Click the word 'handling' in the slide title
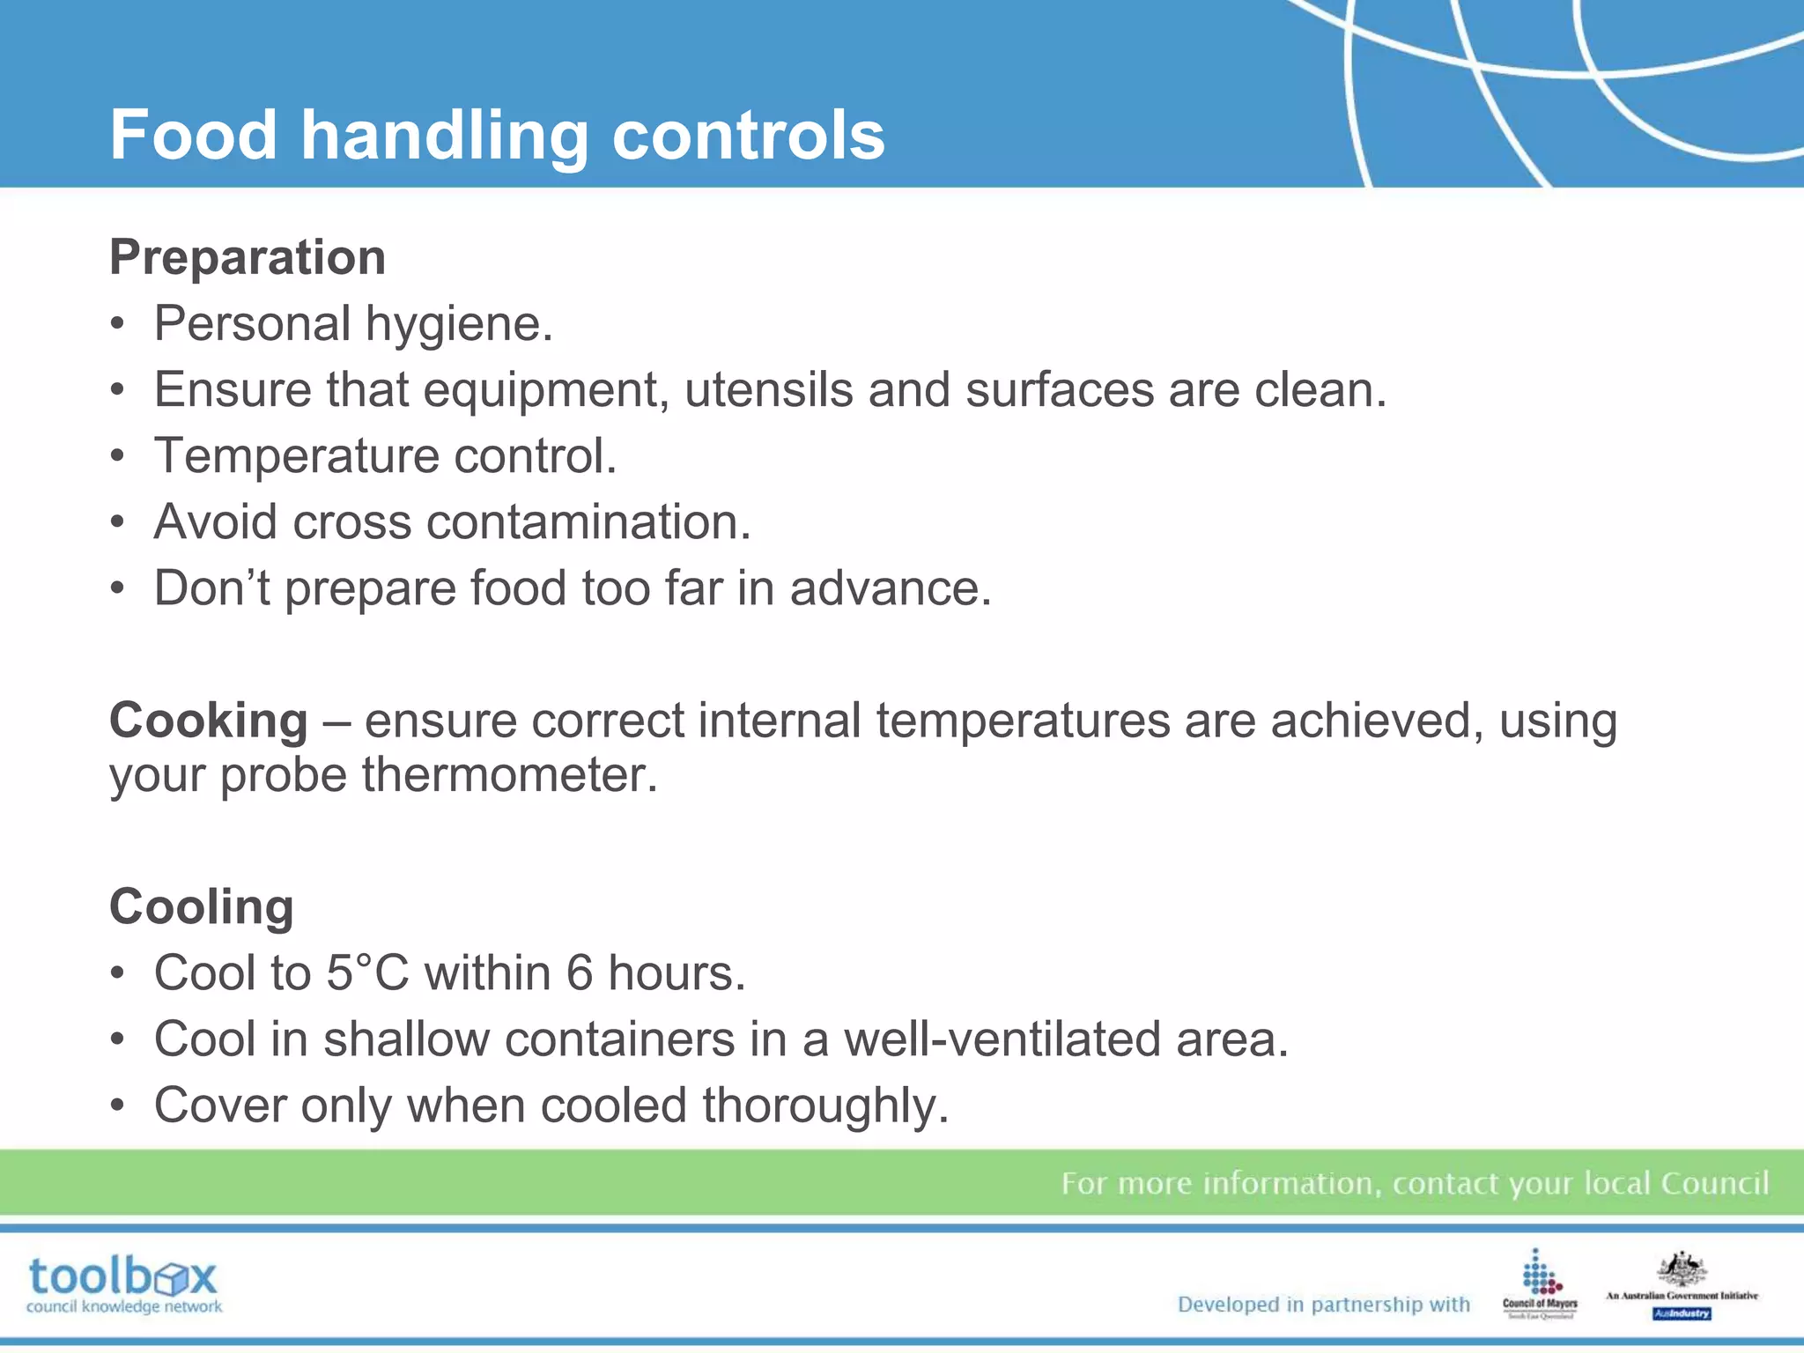(x=445, y=137)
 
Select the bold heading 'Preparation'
(x=248, y=257)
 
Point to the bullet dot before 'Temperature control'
(x=118, y=456)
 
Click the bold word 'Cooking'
(x=208, y=721)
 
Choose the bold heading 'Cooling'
(x=202, y=906)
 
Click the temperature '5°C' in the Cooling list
(x=367, y=973)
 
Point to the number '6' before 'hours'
(x=579, y=973)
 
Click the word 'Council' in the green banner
(x=1714, y=1183)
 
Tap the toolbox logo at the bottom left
(x=123, y=1284)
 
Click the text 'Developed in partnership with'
(x=1324, y=1305)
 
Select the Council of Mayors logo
(x=1540, y=1284)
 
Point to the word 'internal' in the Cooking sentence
(x=779, y=721)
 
